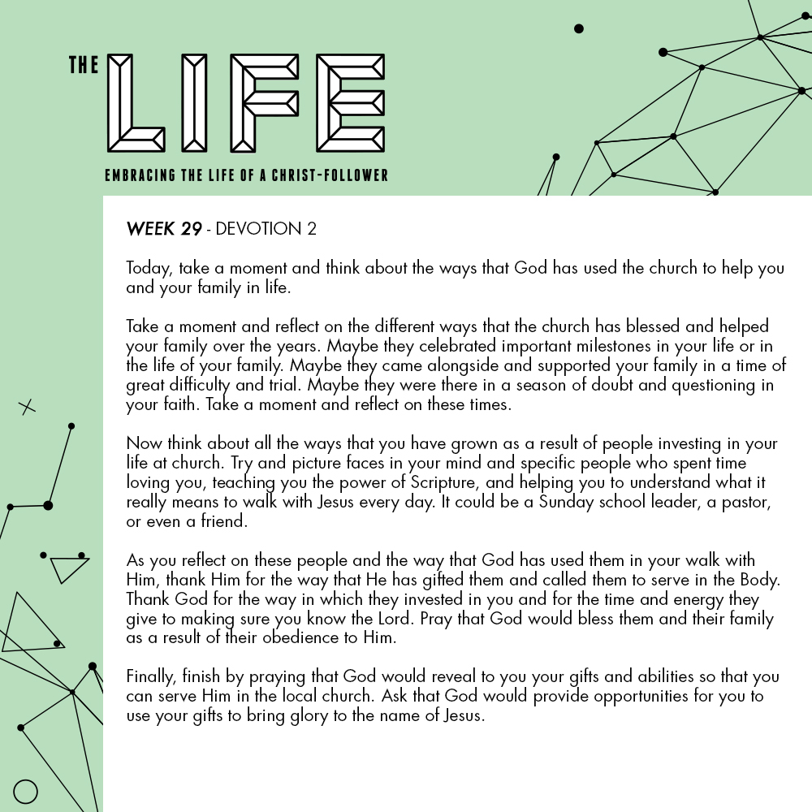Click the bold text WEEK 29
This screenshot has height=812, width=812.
pos(164,229)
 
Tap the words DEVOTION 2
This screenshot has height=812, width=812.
pos(266,229)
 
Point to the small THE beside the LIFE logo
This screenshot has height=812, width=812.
pos(84,66)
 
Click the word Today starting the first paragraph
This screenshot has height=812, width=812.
pos(149,269)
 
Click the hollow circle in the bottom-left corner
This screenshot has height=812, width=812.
pos(26,792)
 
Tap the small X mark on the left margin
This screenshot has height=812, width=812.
pos(28,407)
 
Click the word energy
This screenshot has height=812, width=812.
pos(701,599)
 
